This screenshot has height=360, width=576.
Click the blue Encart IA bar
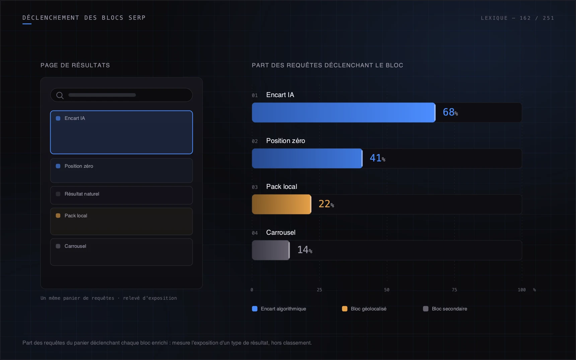tap(344, 113)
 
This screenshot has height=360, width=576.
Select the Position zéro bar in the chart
tap(307, 158)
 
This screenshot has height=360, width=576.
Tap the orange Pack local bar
tap(282, 204)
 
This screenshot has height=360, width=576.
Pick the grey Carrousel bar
tap(271, 250)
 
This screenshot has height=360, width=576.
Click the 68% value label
tap(450, 112)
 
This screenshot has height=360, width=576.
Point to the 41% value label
tap(377, 158)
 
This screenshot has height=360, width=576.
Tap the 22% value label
tap(326, 204)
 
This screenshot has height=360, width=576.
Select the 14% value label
tap(305, 250)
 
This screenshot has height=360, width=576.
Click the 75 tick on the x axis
tap(454, 290)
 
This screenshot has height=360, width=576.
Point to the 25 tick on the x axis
tap(319, 290)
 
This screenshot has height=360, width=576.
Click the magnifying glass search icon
tap(60, 95)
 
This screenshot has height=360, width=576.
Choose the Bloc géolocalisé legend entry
tap(364, 309)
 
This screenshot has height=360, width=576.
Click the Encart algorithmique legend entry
tap(279, 309)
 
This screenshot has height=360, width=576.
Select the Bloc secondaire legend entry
tap(445, 309)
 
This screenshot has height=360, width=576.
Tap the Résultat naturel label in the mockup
tap(82, 194)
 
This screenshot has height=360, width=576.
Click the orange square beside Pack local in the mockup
tap(58, 216)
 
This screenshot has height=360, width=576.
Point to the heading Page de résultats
tap(75, 65)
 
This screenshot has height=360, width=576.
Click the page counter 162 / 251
tap(537, 18)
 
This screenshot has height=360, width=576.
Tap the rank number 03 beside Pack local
tap(255, 187)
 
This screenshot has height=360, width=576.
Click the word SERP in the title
tap(137, 18)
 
